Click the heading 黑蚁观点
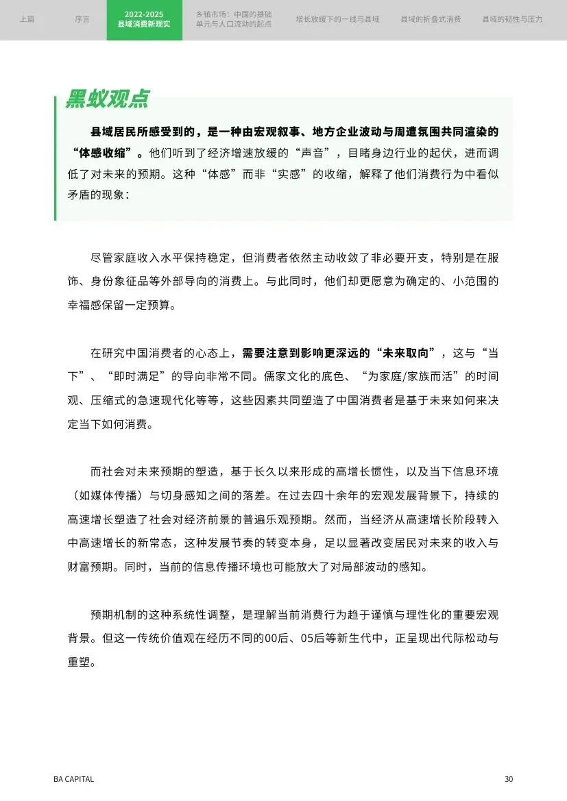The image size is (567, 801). pyautogui.click(x=107, y=99)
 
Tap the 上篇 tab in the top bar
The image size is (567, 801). pyautogui.click(x=27, y=20)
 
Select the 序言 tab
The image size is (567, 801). pyautogui.click(x=82, y=20)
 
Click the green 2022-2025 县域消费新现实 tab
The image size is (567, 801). pyautogui.click(x=145, y=20)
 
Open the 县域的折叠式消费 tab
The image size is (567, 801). pyautogui.click(x=431, y=20)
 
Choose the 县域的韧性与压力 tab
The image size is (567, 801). pyautogui.click(x=512, y=20)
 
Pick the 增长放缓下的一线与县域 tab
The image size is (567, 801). pyautogui.click(x=337, y=20)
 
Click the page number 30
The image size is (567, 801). pyautogui.click(x=508, y=779)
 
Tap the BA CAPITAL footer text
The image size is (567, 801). pyautogui.click(x=74, y=779)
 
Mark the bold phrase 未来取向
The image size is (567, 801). pyautogui.click(x=410, y=354)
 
